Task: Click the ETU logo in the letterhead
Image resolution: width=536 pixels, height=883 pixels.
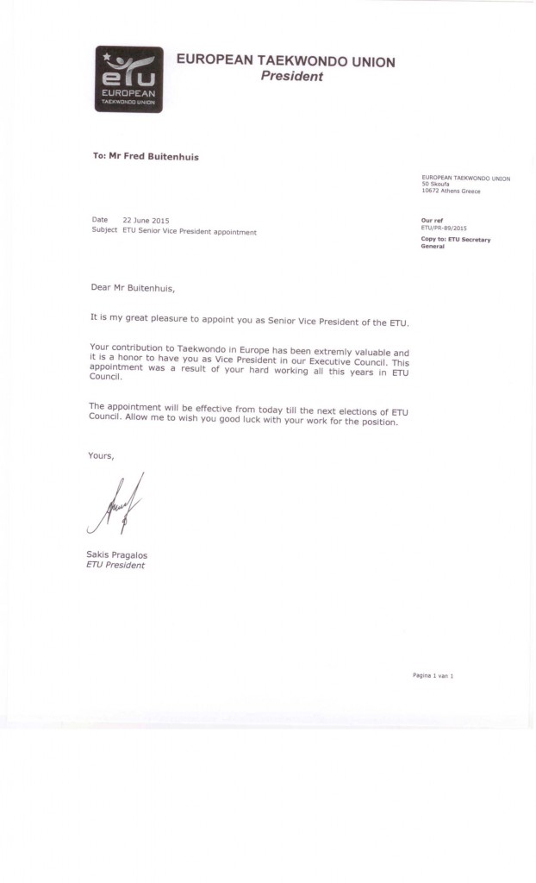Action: (x=128, y=78)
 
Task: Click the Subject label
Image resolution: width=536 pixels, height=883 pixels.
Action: (x=104, y=230)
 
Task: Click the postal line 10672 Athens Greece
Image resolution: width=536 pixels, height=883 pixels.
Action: (x=452, y=191)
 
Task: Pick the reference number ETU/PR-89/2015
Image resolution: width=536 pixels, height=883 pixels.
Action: (x=446, y=227)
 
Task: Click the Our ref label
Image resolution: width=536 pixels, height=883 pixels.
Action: (x=432, y=221)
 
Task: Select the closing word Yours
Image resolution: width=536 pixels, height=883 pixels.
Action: (x=101, y=454)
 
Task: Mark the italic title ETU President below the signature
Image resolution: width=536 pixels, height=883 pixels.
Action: (x=115, y=565)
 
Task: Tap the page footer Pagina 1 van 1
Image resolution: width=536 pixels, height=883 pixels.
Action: (x=433, y=675)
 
